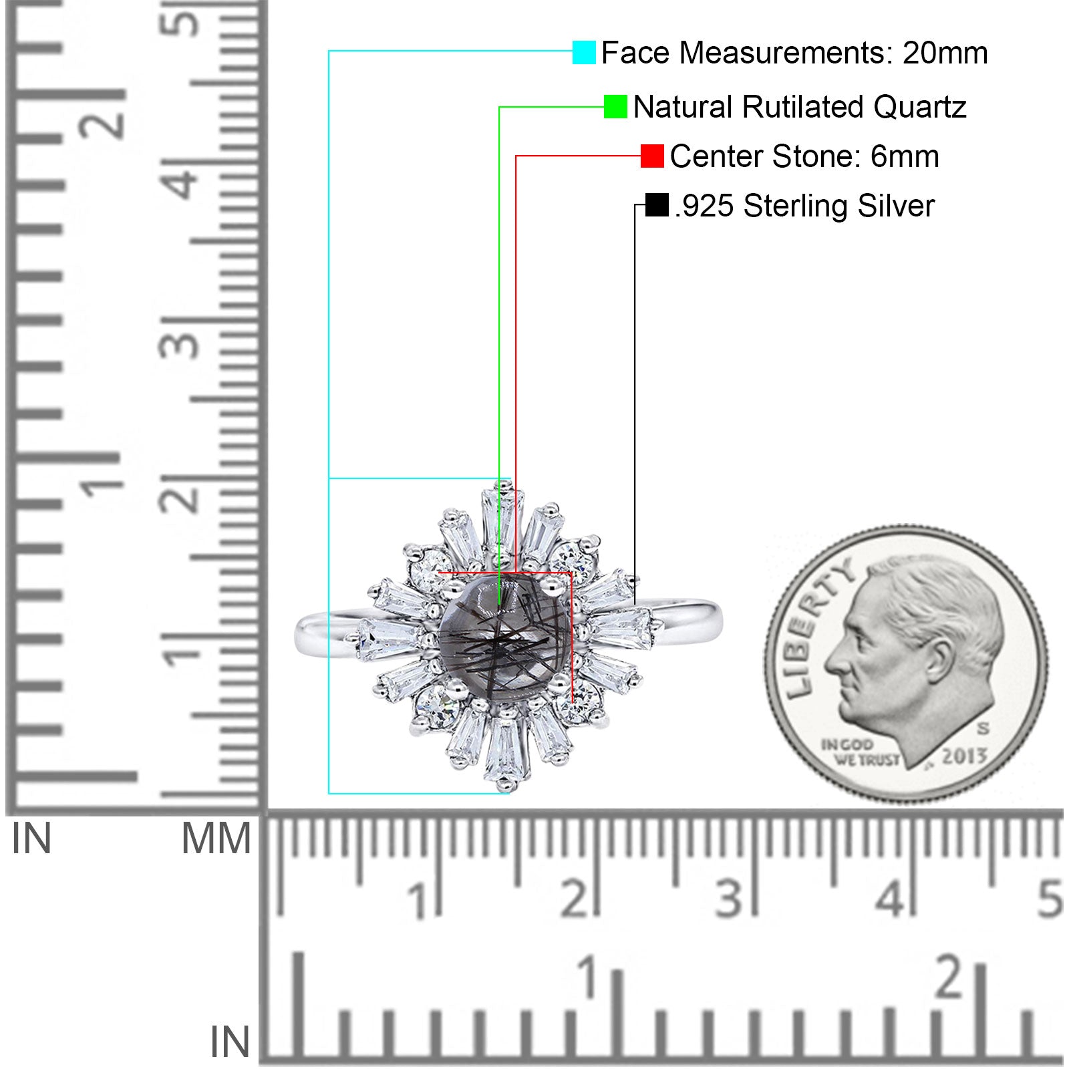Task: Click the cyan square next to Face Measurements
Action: pyautogui.click(x=584, y=52)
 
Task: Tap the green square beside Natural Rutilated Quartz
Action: pyautogui.click(x=615, y=106)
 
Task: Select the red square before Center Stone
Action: pyautogui.click(x=652, y=156)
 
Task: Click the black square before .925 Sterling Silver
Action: pyautogui.click(x=657, y=205)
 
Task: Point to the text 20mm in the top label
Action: pyautogui.click(x=945, y=53)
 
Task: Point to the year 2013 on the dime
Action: pyautogui.click(x=964, y=756)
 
